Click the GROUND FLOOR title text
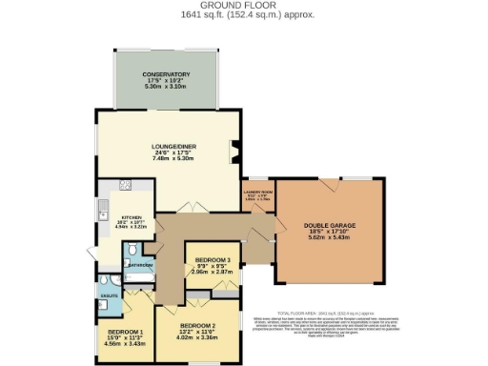[243, 5]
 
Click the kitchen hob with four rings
[124, 186]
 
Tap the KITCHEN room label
[127, 216]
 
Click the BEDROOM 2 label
[193, 324]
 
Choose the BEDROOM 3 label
[213, 259]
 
